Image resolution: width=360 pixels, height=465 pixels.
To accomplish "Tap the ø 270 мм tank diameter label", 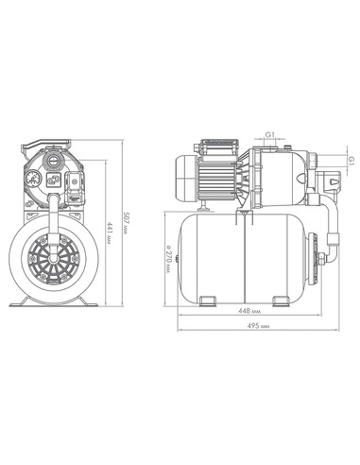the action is pos(169,258).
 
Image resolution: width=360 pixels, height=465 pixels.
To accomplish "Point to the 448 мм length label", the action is pos(249,311).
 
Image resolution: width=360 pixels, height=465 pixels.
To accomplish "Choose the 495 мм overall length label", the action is pos(258,326).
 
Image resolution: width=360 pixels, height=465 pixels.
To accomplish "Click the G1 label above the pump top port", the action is pos(270,134).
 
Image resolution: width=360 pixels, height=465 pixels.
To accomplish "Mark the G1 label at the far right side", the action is pos(351,161).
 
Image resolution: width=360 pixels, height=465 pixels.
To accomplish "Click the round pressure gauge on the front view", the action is pos(33,179).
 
